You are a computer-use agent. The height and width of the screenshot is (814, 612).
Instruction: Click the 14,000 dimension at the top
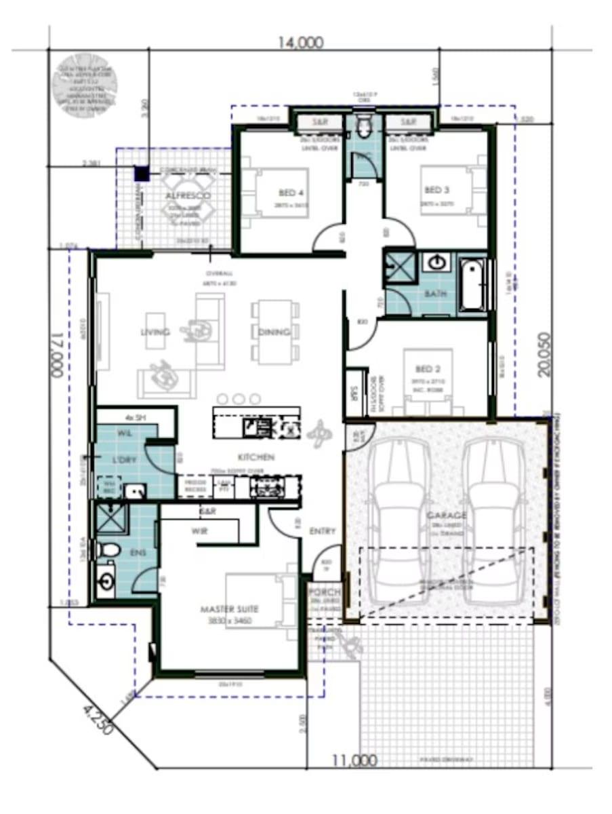point(300,43)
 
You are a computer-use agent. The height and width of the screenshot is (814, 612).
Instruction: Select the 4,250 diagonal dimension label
point(99,721)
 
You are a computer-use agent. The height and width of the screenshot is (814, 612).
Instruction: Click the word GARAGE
point(446,516)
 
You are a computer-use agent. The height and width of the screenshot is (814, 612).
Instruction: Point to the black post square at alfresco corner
point(141,174)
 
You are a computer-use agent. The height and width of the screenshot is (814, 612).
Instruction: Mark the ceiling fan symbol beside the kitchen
point(319,432)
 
